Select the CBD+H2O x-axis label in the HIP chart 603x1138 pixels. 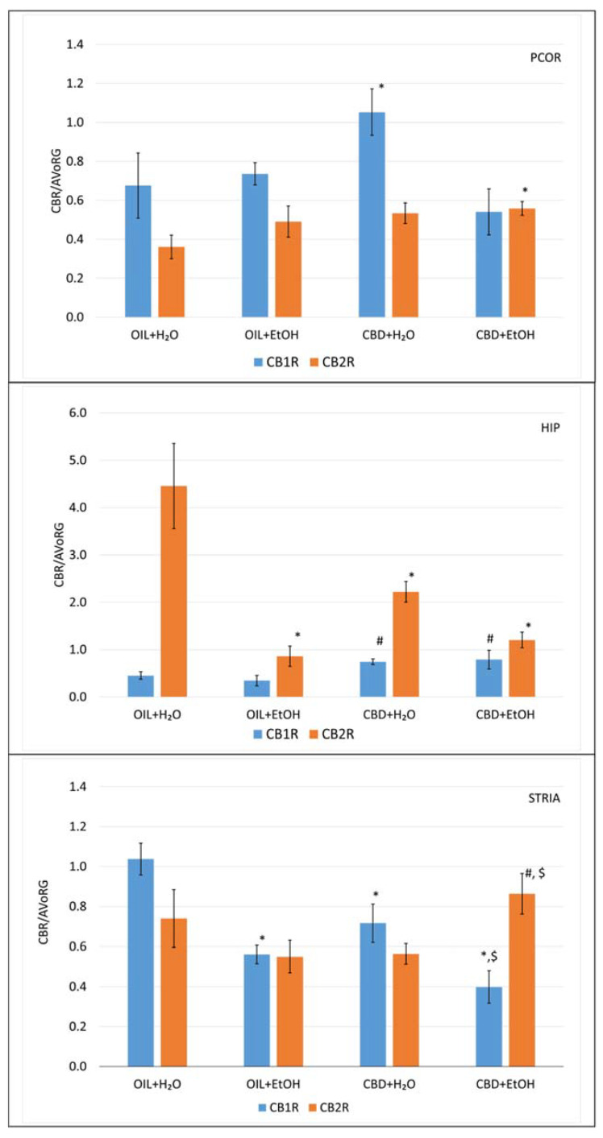point(390,714)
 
